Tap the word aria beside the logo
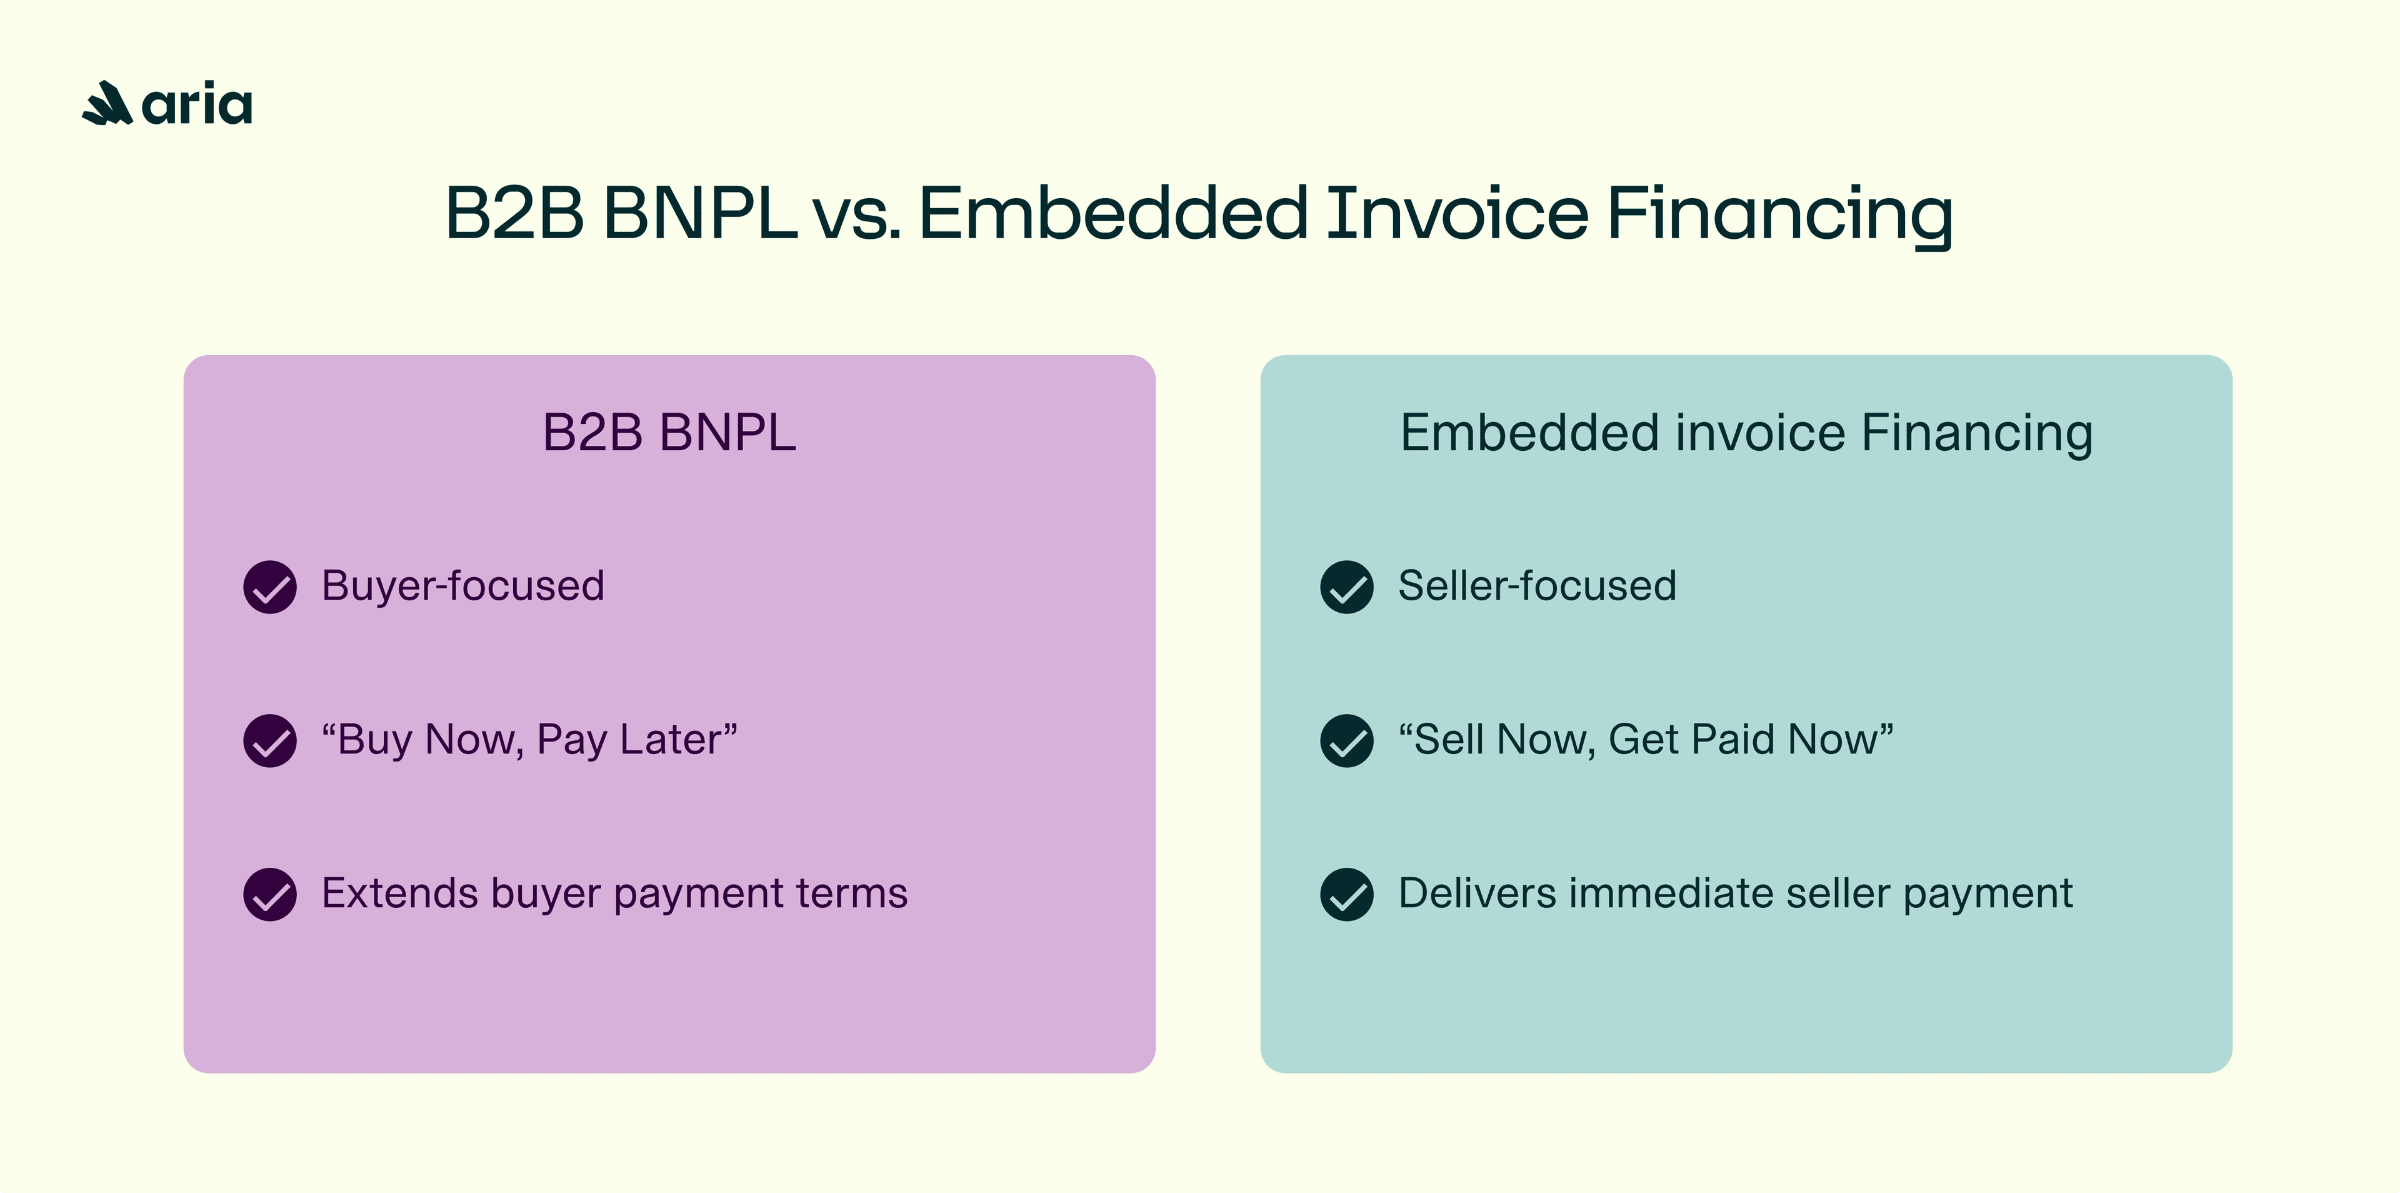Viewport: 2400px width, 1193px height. pyautogui.click(x=197, y=104)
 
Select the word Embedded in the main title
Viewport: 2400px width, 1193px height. pyautogui.click(x=1113, y=213)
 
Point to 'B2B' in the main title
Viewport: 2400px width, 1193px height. pyautogui.click(x=513, y=213)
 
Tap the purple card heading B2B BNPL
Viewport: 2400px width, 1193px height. pyautogui.click(x=669, y=433)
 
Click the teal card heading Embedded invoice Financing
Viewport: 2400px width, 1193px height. pyautogui.click(x=1746, y=433)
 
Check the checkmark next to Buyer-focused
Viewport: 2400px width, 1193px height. pyautogui.click(x=270, y=587)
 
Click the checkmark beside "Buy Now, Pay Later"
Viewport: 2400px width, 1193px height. pyautogui.click(x=270, y=741)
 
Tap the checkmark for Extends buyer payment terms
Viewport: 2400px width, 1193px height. pyautogui.click(x=270, y=895)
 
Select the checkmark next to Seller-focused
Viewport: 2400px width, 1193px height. pyautogui.click(x=1346, y=587)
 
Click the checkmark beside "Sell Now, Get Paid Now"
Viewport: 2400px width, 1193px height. pyautogui.click(x=1346, y=741)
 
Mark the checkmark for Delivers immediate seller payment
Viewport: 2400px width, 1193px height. pyautogui.click(x=1346, y=895)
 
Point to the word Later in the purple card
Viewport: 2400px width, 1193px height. pyautogui.click(x=676, y=739)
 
